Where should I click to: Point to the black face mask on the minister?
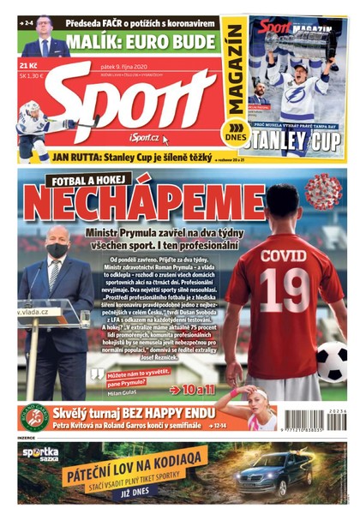pyautogui.click(x=57, y=250)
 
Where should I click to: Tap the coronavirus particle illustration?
pyautogui.click(x=322, y=190)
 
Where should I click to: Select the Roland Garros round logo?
pyautogui.click(x=33, y=415)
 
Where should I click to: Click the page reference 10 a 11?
pyautogui.click(x=198, y=389)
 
